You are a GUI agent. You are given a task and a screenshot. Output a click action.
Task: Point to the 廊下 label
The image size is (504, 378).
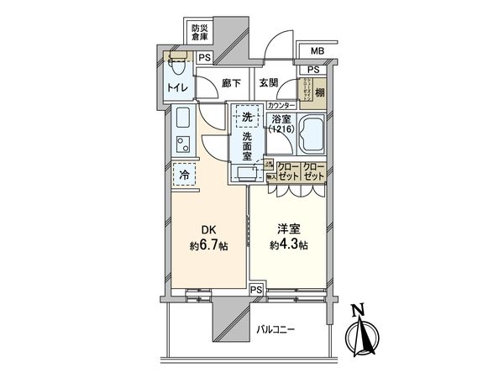click(x=232, y=83)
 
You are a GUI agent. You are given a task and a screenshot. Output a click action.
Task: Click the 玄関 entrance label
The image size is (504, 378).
click(x=269, y=83)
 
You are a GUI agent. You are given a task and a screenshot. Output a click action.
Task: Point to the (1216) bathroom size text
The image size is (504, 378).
click(x=281, y=130)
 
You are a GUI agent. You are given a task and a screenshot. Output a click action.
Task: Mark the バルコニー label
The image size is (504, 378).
click(x=276, y=330)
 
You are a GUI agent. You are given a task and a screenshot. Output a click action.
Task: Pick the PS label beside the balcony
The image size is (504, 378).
click(x=256, y=290)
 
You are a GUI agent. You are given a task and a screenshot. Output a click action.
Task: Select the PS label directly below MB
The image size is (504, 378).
click(x=312, y=69)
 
